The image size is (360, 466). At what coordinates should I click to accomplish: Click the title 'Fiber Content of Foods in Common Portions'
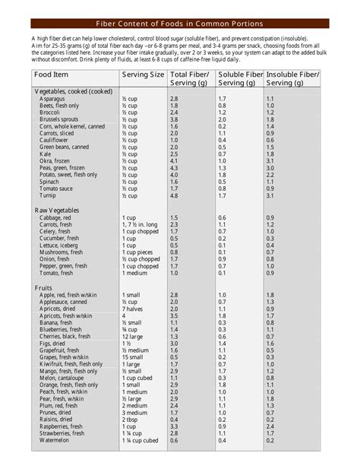pyautogui.click(x=180, y=24)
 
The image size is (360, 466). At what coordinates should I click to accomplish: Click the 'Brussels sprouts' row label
pyautogui.click(x=59, y=119)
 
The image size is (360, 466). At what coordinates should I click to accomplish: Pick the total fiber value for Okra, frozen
pyautogui.click(x=174, y=160)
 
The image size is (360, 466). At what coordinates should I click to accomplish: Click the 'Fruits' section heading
pyautogui.click(x=44, y=288)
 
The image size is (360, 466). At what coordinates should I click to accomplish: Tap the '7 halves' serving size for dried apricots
pyautogui.click(x=134, y=309)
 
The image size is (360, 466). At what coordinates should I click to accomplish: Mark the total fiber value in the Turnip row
pyautogui.click(x=174, y=195)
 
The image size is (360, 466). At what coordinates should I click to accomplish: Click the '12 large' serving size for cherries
pyautogui.click(x=133, y=336)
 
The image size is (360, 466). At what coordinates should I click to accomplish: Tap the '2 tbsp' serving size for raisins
pyautogui.click(x=131, y=419)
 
